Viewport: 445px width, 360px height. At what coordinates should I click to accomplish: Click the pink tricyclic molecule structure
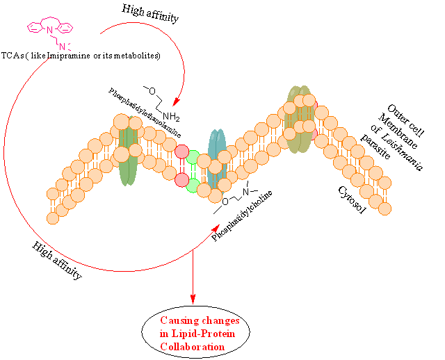tap(46, 29)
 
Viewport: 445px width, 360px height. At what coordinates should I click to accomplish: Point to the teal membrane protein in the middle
tap(218, 160)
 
